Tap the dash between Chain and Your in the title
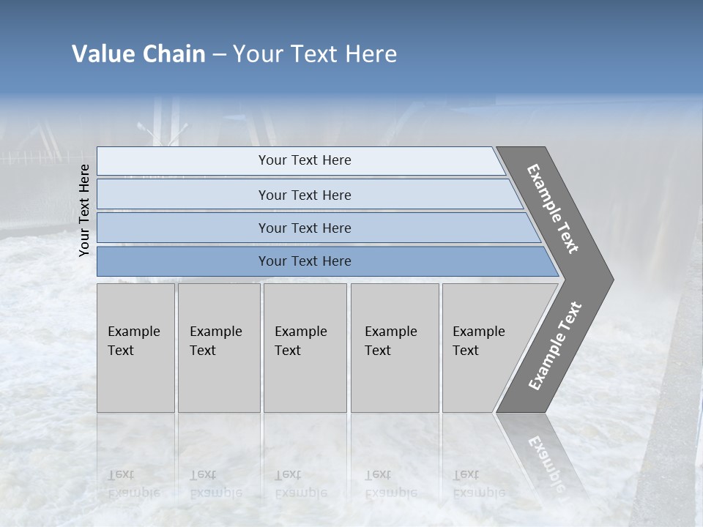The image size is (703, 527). click(x=219, y=55)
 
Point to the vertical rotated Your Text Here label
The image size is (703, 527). click(x=84, y=210)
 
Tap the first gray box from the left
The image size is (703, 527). click(x=135, y=348)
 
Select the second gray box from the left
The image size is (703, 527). click(x=219, y=348)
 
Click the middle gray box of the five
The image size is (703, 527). click(x=305, y=348)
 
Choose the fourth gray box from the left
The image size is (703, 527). click(x=395, y=348)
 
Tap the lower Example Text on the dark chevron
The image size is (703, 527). click(x=554, y=346)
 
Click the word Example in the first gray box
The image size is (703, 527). click(x=133, y=332)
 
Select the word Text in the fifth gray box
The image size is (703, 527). click(x=465, y=351)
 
